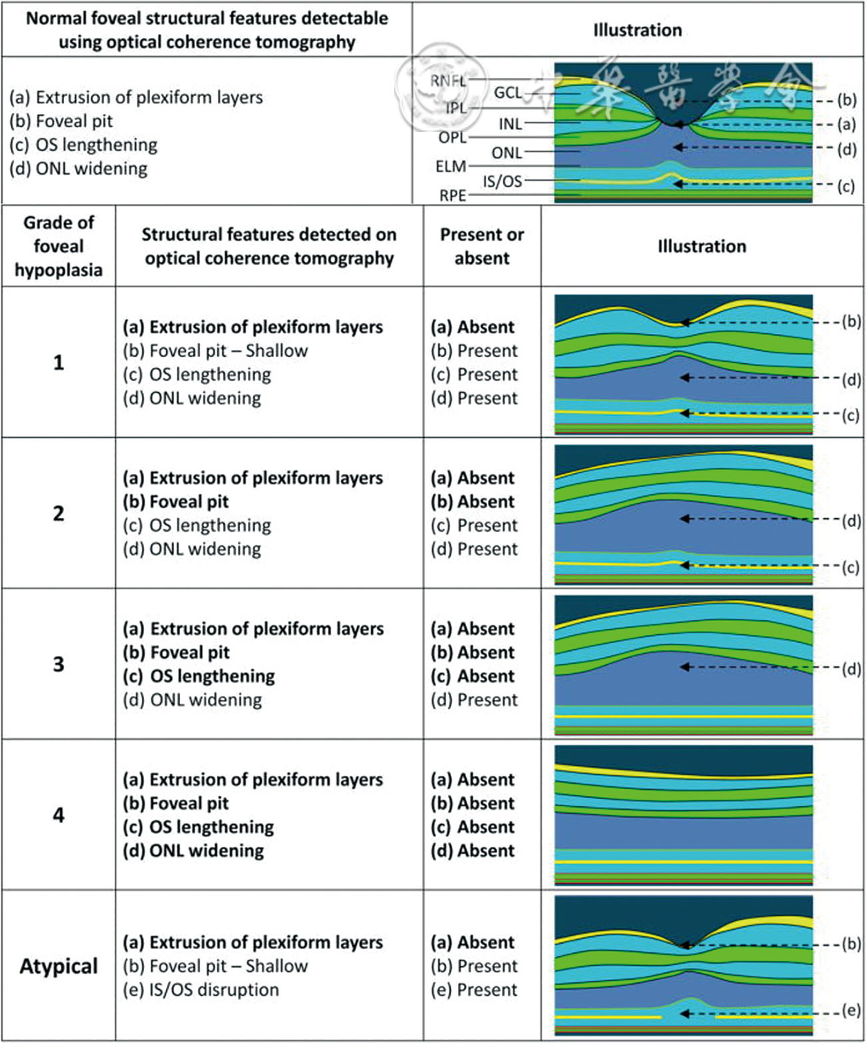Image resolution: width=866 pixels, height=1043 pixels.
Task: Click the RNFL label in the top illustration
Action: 448,81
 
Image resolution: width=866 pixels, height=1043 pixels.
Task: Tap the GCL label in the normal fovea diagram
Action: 507,93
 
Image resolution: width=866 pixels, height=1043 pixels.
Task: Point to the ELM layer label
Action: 451,167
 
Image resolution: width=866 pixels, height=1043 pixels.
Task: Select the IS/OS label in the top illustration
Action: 502,181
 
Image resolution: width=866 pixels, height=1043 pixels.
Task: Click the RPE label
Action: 453,195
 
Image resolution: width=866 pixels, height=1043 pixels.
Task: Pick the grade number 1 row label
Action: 59,363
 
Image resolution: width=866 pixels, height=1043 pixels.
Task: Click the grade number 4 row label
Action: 59,814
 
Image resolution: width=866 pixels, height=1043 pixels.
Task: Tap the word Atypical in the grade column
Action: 59,966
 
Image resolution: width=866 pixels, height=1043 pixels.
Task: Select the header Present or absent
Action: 481,246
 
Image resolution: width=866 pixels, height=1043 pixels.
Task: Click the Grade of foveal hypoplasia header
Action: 59,246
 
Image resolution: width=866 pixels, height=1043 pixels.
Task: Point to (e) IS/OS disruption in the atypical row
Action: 201,990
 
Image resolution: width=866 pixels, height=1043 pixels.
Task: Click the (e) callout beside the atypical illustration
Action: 850,1010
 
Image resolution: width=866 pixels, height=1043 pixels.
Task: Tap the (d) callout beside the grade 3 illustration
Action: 851,668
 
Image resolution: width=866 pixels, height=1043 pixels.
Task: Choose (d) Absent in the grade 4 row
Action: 473,851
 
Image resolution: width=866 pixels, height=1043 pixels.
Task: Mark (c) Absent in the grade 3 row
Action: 473,676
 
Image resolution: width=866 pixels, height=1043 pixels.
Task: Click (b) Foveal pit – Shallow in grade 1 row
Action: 215,351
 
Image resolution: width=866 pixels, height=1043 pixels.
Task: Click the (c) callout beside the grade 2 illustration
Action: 850,567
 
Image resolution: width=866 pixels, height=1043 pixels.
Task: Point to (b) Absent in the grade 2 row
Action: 473,502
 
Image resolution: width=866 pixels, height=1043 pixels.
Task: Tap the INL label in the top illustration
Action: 510,123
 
